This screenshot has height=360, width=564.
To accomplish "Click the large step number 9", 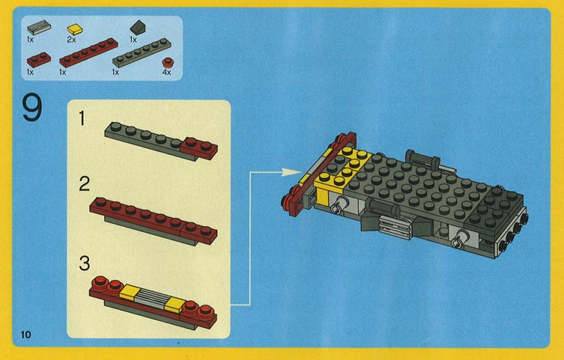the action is pyautogui.click(x=32, y=107).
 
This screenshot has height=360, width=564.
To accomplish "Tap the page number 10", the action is pyautogui.click(x=25, y=335).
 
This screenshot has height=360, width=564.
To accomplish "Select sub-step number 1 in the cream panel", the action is pyautogui.click(x=82, y=118).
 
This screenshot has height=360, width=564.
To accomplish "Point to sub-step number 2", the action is pyautogui.click(x=84, y=184).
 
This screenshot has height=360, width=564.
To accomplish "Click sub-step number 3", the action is pyautogui.click(x=84, y=263).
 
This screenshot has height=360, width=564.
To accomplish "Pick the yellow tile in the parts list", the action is pyautogui.click(x=75, y=29).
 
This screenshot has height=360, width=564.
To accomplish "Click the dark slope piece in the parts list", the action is pyautogui.click(x=137, y=27).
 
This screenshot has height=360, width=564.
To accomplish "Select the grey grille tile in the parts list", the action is pyautogui.click(x=38, y=27).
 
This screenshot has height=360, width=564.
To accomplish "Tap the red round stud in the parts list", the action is pyautogui.click(x=167, y=63).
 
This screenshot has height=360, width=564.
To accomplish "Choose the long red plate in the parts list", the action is pyautogui.click(x=88, y=52).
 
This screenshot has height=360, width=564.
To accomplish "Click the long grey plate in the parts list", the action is pyautogui.click(x=142, y=52).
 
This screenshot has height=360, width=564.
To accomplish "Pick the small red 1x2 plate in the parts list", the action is pyautogui.click(x=38, y=60).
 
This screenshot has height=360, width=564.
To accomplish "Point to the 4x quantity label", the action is pyautogui.click(x=166, y=72).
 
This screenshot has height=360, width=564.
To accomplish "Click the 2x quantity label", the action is pyautogui.click(x=72, y=40).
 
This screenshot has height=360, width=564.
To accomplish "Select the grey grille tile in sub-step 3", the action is pyautogui.click(x=152, y=298).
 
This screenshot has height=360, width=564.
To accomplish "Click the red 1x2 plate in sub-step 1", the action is pyautogui.click(x=199, y=147).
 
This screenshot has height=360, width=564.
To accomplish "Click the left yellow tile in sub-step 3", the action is pyautogui.click(x=129, y=291).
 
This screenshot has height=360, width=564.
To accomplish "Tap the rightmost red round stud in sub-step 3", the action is pyautogui.click(x=205, y=311).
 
